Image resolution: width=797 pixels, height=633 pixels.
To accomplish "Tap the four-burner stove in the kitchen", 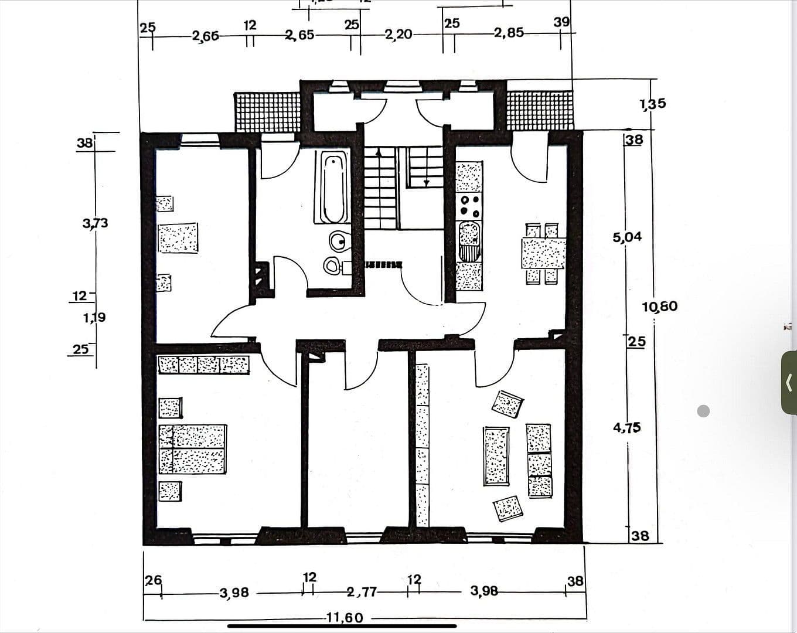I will pyautogui.click(x=469, y=206).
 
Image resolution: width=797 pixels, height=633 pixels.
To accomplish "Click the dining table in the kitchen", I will pyautogui.click(x=543, y=253).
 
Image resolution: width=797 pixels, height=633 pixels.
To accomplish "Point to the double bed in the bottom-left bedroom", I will pyautogui.click(x=193, y=449).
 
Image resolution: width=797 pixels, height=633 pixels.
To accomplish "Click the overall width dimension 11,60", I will pyautogui.click(x=345, y=617).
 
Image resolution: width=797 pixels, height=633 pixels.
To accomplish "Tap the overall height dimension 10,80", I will pyautogui.click(x=660, y=306).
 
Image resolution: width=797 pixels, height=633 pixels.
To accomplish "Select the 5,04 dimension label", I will pyautogui.click(x=627, y=237).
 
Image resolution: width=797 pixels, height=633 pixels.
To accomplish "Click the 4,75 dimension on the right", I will pyautogui.click(x=626, y=427).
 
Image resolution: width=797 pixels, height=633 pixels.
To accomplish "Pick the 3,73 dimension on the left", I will pyautogui.click(x=96, y=223).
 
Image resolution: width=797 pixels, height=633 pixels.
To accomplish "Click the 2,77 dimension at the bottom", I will pyautogui.click(x=362, y=592).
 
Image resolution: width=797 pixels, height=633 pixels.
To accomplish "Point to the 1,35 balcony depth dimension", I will pyautogui.click(x=653, y=104).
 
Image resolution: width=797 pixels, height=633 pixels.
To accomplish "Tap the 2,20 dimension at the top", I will pyautogui.click(x=398, y=34).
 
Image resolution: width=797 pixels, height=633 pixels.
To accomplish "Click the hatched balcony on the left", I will pyautogui.click(x=267, y=111).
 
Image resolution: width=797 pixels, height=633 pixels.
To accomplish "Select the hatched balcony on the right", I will pyautogui.click(x=539, y=110).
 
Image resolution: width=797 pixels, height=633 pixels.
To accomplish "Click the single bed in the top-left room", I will pyautogui.click(x=178, y=237).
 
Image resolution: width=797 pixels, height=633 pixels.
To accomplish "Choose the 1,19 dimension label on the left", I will pyautogui.click(x=94, y=318).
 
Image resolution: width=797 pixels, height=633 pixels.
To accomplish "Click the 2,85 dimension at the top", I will pyautogui.click(x=508, y=32).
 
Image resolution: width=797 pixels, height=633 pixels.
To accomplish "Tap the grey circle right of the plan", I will pyautogui.click(x=704, y=411).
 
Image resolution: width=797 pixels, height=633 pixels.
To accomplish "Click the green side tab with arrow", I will pyautogui.click(x=789, y=383).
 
